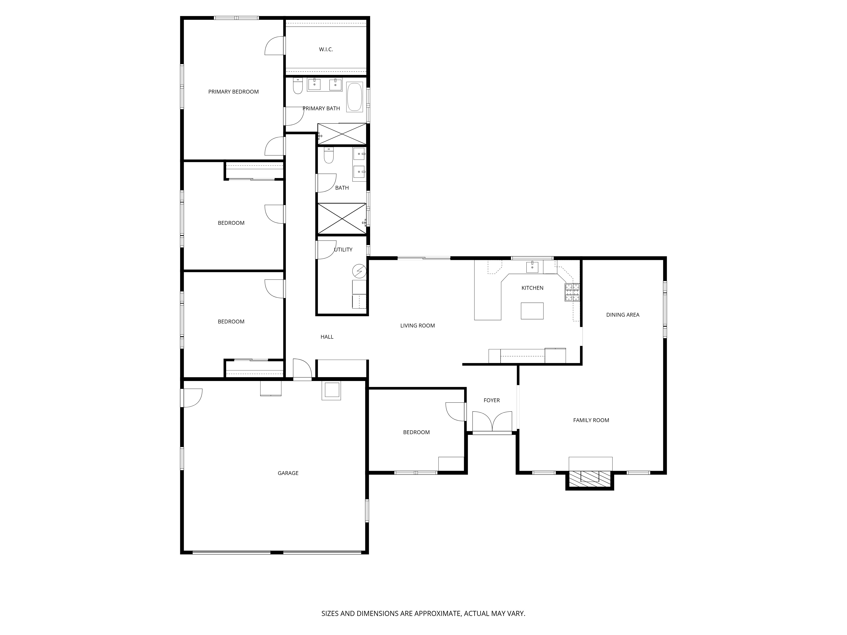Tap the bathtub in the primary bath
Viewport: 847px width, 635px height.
[355, 97]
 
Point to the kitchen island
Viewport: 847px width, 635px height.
[532, 311]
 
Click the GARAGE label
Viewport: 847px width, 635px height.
[288, 473]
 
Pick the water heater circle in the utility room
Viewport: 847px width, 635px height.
[359, 271]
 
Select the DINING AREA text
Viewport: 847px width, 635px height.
[623, 315]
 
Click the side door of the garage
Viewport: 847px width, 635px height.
[192, 398]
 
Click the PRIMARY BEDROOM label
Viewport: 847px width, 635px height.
[233, 91]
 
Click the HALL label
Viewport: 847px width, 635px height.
[327, 337]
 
